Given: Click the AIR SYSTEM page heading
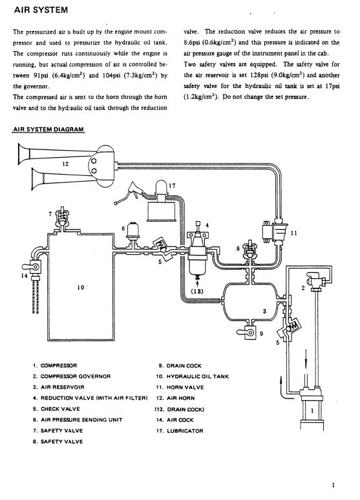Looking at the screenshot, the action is click(x=41, y=10).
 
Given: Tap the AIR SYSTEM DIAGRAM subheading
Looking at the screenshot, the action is click(x=48, y=129).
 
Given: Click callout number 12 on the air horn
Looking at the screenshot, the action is click(x=65, y=164).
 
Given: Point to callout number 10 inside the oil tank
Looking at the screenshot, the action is click(x=81, y=287).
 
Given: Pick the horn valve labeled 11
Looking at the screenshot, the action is click(x=275, y=232).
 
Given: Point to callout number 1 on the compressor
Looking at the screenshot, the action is click(x=312, y=410).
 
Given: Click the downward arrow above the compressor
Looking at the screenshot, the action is click(x=306, y=359).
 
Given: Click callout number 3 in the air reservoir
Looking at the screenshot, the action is click(x=264, y=311).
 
